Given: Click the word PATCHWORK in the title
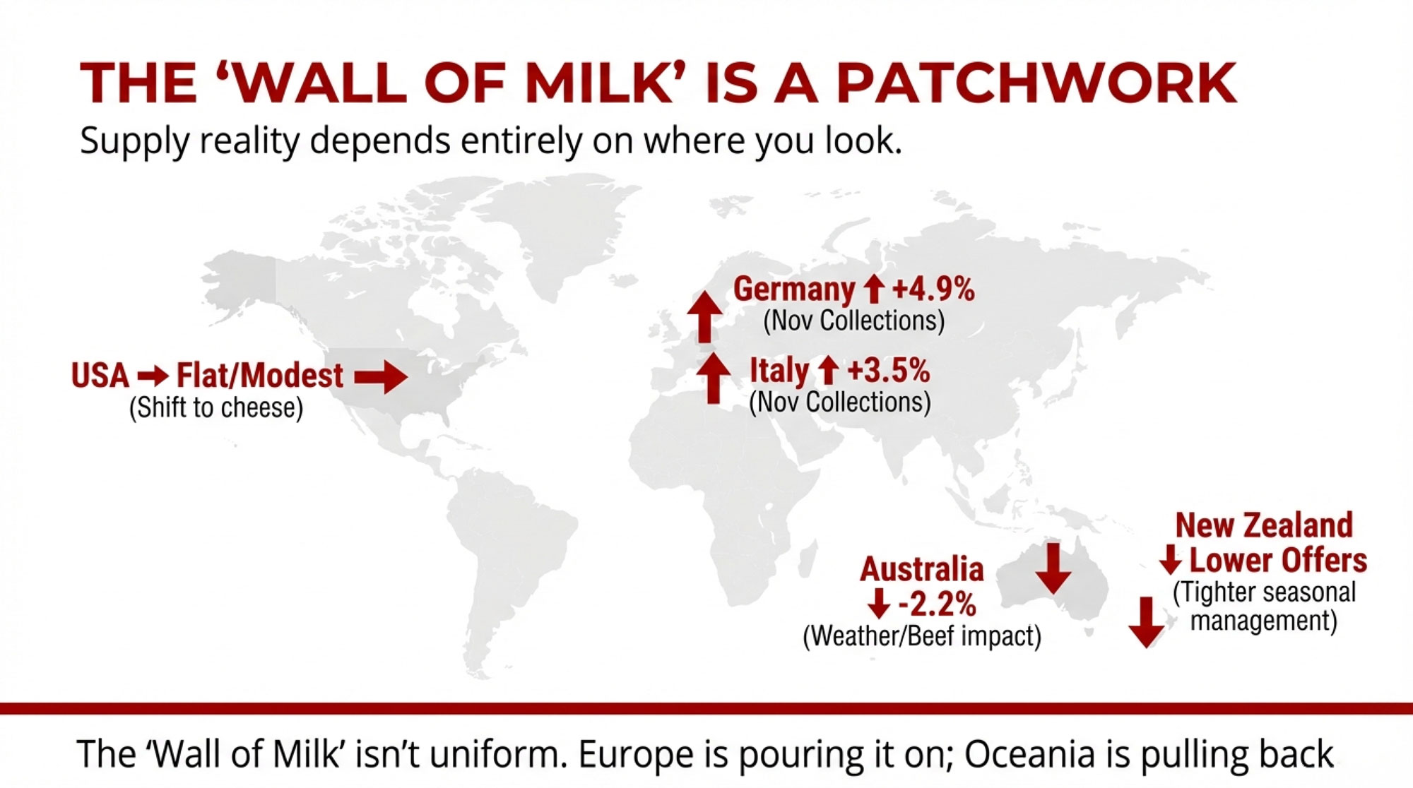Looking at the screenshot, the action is click(1036, 83).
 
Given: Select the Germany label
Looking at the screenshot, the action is click(794, 289).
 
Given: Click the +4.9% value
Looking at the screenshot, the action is click(933, 289).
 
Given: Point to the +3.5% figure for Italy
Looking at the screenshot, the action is click(889, 370).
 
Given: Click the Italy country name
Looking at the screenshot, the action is click(779, 371).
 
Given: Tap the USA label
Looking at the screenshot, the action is click(100, 376).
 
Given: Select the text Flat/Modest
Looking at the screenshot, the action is click(260, 376).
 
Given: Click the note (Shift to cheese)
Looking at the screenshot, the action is click(216, 408).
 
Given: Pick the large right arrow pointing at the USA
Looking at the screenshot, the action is click(381, 377).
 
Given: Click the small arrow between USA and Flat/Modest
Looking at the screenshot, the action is click(153, 376).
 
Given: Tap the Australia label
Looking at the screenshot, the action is click(922, 569).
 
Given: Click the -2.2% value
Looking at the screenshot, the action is click(937, 604).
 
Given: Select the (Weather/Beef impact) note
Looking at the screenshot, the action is click(922, 636).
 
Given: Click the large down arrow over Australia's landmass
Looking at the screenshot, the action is click(1053, 568).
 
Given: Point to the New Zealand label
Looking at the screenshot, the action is click(1264, 525).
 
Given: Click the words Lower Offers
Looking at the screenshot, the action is click(1278, 560).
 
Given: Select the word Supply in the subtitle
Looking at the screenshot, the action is click(134, 141).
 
